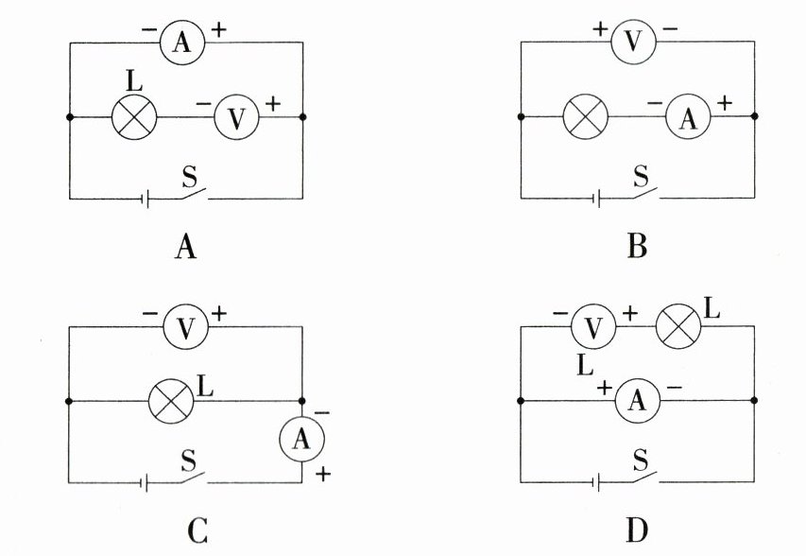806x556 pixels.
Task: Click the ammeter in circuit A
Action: point(182,43)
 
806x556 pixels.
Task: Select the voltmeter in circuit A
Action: point(236,118)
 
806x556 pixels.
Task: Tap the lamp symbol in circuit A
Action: point(134,117)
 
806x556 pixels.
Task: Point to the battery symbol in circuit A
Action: point(146,199)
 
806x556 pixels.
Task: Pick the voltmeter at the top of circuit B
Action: point(633,42)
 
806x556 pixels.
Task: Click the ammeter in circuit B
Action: point(688,118)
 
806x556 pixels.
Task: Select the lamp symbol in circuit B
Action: point(585,117)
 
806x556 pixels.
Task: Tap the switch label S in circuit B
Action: point(641,177)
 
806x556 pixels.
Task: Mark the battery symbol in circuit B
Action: point(597,198)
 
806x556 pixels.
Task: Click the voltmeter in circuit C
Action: point(185,326)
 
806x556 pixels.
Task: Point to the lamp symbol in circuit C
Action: point(171,402)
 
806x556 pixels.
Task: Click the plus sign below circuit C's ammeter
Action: point(323,474)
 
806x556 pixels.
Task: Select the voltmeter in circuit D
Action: point(593,327)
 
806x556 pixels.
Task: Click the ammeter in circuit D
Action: point(637,401)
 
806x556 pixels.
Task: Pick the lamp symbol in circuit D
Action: point(678,327)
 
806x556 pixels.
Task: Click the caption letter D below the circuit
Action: point(637,530)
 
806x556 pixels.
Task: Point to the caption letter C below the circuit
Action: point(197,531)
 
